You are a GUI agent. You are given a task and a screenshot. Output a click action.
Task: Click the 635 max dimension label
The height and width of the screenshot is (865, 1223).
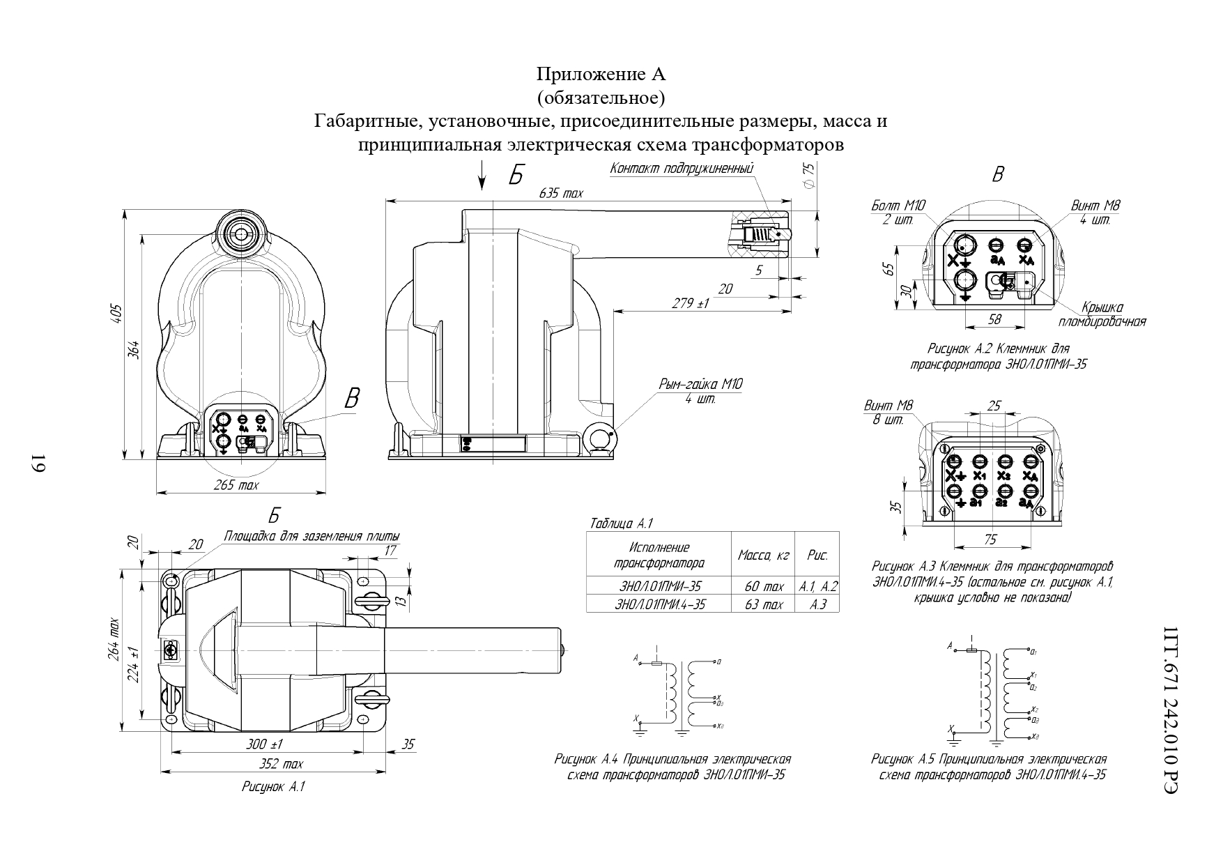point(561,193)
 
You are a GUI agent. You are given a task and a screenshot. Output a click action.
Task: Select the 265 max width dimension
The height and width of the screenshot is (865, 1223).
point(236,486)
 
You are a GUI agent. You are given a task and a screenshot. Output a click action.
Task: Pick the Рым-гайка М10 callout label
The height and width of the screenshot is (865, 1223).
point(700,385)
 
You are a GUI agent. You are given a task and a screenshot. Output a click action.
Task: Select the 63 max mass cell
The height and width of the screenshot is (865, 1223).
point(762,604)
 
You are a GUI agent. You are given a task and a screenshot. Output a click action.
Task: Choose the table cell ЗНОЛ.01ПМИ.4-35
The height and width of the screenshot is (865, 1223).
point(659,604)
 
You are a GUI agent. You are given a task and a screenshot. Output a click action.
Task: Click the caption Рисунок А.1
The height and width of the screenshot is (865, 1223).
point(273,787)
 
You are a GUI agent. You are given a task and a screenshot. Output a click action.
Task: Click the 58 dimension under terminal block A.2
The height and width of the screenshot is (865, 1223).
point(994,319)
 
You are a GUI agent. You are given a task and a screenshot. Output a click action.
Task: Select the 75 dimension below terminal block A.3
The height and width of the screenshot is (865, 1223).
point(990,539)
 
